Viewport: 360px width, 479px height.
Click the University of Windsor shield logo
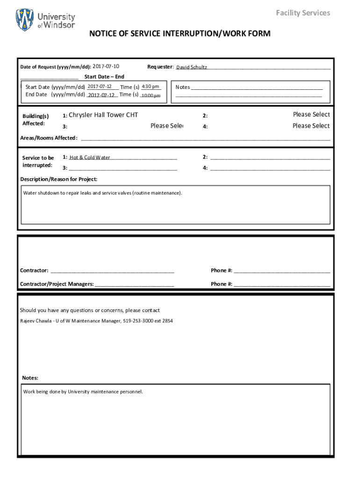pyautogui.click(x=25, y=20)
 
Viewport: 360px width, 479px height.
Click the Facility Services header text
pyautogui.click(x=302, y=13)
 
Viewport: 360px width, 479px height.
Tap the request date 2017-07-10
pyautogui.click(x=106, y=66)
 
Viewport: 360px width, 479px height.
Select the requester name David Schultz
pyautogui.click(x=191, y=67)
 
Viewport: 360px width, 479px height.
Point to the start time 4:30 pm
pyautogui.click(x=151, y=87)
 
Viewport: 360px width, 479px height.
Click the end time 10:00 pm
pyautogui.click(x=151, y=95)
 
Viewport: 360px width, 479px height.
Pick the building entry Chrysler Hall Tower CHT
pyautogui.click(x=103, y=115)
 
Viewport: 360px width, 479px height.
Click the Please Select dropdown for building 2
pyautogui.click(x=311, y=115)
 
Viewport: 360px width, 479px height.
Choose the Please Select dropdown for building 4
pyautogui.click(x=311, y=126)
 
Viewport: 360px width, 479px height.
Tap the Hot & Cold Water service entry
pyautogui.click(x=90, y=158)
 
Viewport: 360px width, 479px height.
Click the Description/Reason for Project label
pyautogui.click(x=59, y=179)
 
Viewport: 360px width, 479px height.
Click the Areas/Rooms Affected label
pyautogui.click(x=49, y=138)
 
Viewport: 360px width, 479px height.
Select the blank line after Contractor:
pyautogui.click(x=112, y=271)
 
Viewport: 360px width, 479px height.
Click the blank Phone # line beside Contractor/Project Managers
pyautogui.click(x=282, y=284)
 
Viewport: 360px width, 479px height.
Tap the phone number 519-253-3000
pyautogui.click(x=138, y=321)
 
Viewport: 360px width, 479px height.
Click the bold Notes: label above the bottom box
pyautogui.click(x=30, y=378)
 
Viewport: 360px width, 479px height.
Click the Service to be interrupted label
pyautogui.click(x=38, y=161)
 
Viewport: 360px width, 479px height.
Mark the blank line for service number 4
pyautogui.click(x=270, y=168)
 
